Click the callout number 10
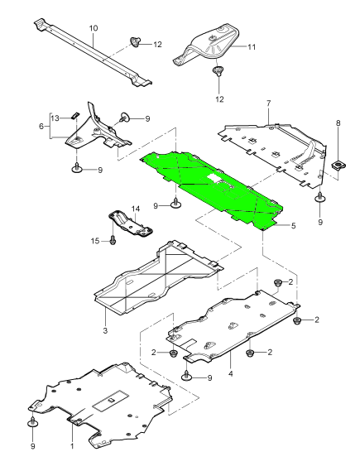tap(94, 28)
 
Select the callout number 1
tap(71, 445)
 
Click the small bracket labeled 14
tap(127, 223)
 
